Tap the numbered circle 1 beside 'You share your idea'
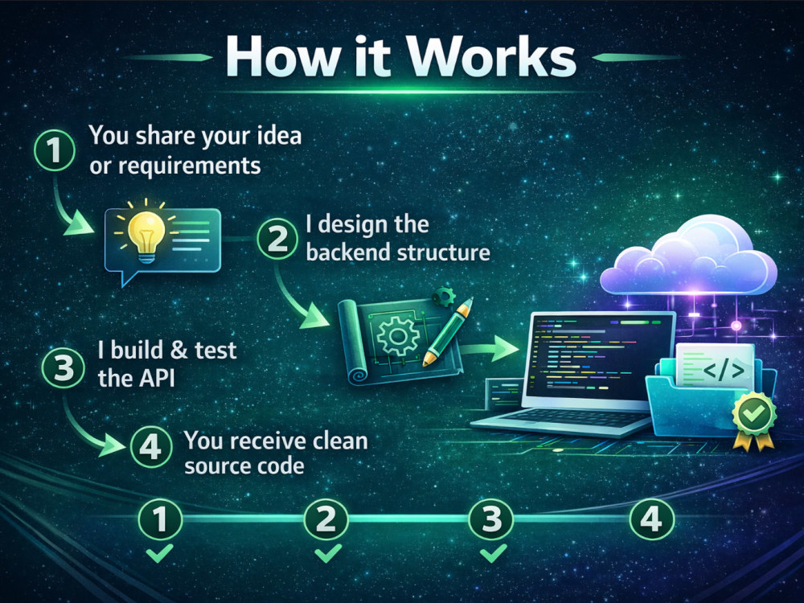point(55,151)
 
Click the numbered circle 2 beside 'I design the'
point(277,239)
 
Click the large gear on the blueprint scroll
point(397,336)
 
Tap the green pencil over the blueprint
point(447,332)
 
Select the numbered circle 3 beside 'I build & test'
point(63,368)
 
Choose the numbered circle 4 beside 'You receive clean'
point(151,446)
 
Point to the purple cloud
point(689,256)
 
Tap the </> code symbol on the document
point(724,370)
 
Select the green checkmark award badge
point(754,420)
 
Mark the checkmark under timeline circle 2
point(328,554)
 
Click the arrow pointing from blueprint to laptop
point(490,349)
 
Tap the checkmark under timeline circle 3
point(494,554)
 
